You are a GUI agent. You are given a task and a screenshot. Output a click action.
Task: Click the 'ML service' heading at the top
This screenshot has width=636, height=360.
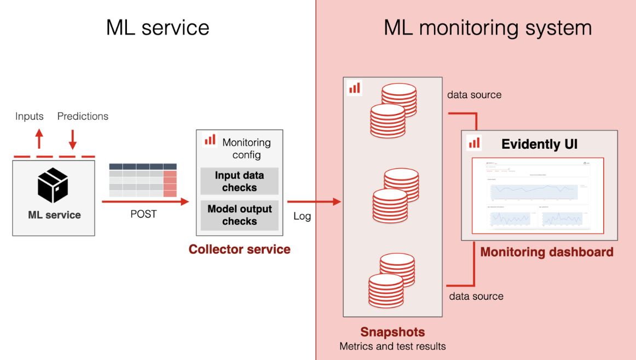(158, 27)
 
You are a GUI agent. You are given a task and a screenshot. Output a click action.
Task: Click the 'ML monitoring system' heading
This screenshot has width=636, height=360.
(487, 27)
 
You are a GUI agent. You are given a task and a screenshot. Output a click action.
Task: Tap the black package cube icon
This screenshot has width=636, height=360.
(53, 185)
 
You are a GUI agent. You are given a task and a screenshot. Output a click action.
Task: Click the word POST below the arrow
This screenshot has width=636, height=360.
(143, 214)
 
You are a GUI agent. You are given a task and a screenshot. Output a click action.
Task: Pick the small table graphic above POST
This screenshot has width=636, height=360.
(143, 180)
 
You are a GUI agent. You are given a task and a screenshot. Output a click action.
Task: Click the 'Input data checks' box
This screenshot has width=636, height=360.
(239, 181)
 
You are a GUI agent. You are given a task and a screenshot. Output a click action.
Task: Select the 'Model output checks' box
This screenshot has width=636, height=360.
(239, 215)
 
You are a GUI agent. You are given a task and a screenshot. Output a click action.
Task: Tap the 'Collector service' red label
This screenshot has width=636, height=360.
(239, 249)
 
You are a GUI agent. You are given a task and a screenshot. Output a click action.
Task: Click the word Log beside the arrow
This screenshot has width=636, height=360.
(302, 216)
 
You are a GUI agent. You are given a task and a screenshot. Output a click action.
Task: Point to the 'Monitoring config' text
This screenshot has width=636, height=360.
(246, 148)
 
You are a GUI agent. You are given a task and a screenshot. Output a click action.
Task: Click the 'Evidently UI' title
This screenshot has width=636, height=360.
(539, 144)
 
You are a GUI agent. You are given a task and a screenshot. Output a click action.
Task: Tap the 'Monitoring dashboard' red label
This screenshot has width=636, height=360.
(546, 252)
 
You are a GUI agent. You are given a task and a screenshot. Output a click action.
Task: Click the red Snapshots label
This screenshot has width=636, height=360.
(392, 332)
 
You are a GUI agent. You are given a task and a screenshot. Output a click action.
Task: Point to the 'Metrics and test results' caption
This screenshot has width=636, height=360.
(392, 346)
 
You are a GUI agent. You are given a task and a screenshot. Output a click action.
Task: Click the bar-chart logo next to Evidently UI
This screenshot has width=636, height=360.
(474, 143)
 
